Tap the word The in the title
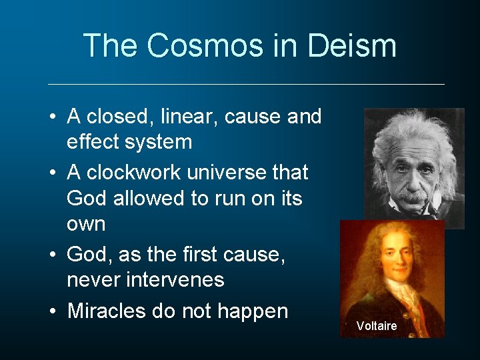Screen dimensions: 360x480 pyautogui.click(x=111, y=46)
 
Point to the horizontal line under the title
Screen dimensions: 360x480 pyautogui.click(x=246, y=84)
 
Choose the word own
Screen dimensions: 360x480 pyautogui.click(x=86, y=224)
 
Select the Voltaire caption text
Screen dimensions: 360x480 pyautogui.click(x=376, y=326)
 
